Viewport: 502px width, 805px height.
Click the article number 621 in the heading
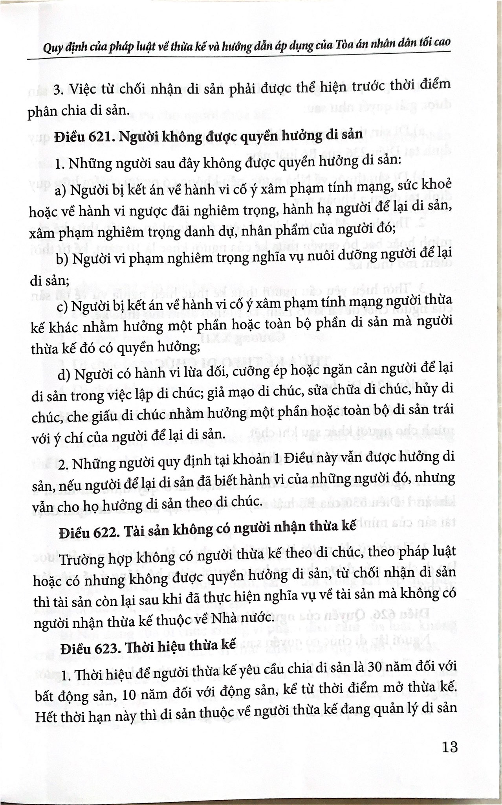[x=95, y=136]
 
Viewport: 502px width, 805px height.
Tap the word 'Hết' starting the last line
[x=46, y=718]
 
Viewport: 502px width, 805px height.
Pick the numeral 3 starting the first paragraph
[x=58, y=90]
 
